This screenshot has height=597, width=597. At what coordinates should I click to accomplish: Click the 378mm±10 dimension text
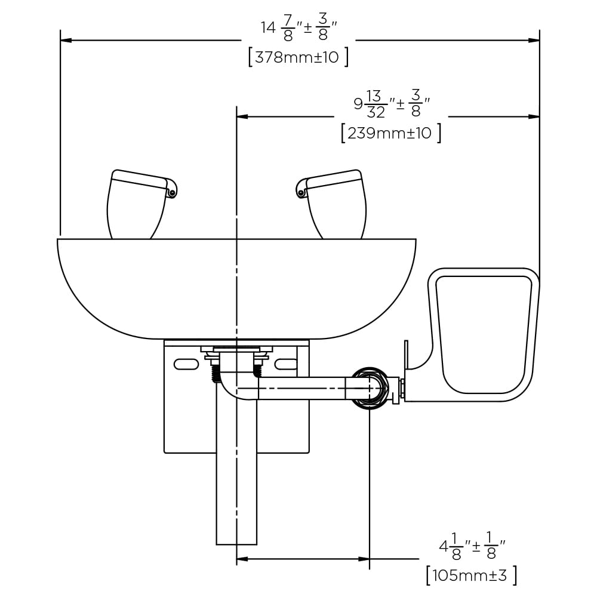coord(297,57)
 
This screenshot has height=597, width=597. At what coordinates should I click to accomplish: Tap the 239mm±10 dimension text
coord(389,133)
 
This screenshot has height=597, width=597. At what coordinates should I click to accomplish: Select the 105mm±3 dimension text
coord(470,576)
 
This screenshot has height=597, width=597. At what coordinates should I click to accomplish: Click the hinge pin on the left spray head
coord(172,193)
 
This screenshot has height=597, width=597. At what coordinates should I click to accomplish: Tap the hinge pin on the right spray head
coord(301,193)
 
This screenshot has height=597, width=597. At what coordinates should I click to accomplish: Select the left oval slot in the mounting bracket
coord(186,364)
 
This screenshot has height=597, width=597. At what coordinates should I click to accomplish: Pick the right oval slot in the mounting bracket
coord(286,364)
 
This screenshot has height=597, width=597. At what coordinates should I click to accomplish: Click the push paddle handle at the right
coord(483,334)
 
